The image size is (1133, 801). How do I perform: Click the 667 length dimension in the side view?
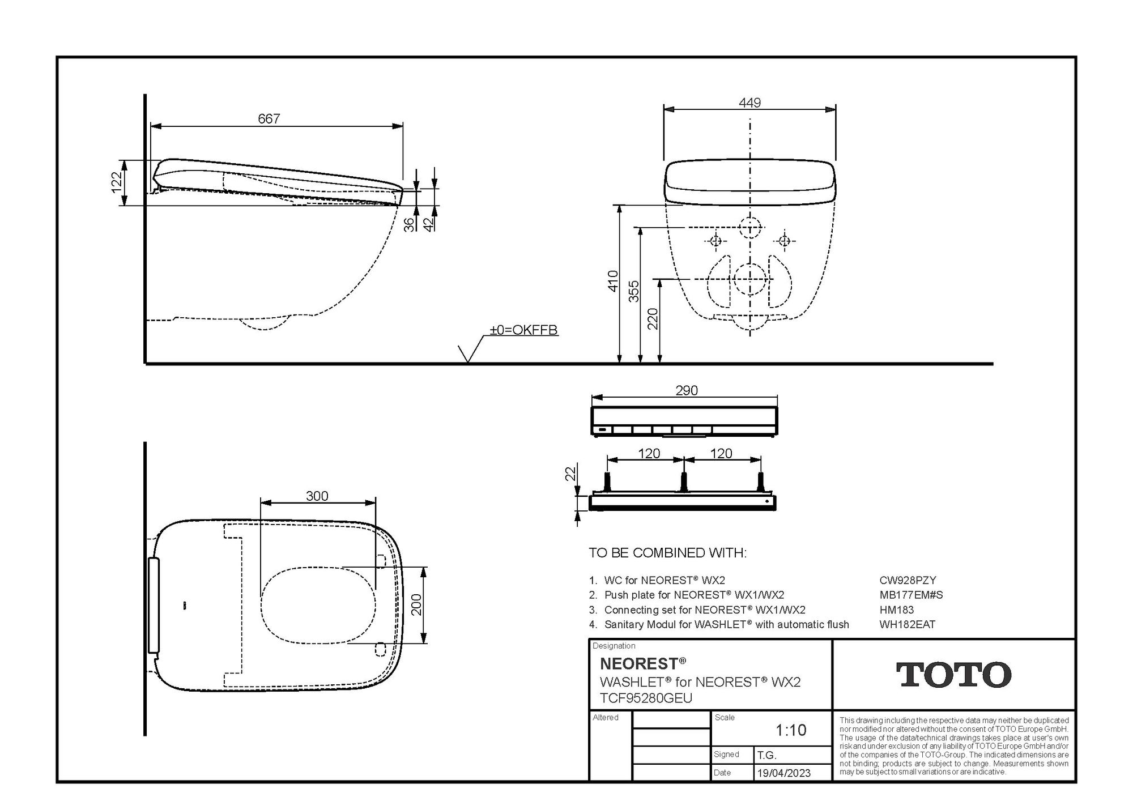(x=269, y=118)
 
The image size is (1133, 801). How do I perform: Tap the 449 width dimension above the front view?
(x=749, y=103)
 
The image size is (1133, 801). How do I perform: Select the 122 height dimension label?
(x=117, y=182)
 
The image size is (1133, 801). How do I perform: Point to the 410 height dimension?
(x=612, y=281)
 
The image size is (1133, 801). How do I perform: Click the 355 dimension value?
(x=634, y=291)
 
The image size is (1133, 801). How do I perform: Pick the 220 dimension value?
(x=653, y=318)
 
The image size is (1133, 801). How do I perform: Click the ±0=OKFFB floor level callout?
(x=523, y=330)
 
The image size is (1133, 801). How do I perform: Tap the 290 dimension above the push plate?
(x=687, y=390)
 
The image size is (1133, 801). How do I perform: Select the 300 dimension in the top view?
(x=317, y=496)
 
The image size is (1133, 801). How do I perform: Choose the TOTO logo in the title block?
(x=953, y=674)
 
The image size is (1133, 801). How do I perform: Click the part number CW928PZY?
(x=908, y=580)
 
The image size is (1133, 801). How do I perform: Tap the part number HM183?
(x=896, y=610)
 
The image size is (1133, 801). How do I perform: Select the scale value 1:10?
(x=791, y=730)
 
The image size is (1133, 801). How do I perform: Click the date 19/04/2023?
(x=783, y=773)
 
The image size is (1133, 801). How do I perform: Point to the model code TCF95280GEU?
(x=646, y=698)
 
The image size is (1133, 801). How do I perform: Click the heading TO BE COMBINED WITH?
(x=667, y=552)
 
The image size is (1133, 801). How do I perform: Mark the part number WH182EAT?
(x=907, y=624)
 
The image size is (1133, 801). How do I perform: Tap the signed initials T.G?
(x=766, y=755)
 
